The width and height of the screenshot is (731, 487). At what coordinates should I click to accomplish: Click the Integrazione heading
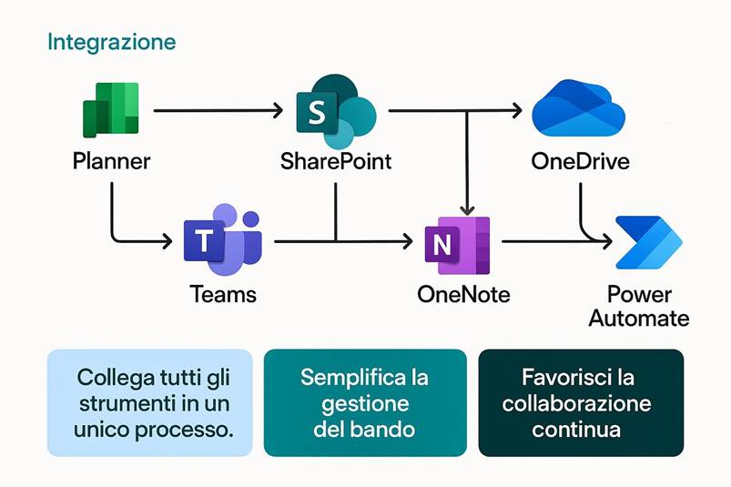111,42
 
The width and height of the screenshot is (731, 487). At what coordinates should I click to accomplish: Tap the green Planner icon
111,109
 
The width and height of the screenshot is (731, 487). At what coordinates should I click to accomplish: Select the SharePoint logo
334,110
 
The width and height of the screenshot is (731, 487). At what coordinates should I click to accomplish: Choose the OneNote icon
457,243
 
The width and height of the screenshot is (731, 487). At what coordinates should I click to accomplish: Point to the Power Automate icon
646,242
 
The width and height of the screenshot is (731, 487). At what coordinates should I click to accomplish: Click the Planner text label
111,163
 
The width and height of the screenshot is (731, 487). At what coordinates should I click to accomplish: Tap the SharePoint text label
336,163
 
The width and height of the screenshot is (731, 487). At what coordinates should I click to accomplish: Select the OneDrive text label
580,163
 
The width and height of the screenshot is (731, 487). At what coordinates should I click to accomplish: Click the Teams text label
223,295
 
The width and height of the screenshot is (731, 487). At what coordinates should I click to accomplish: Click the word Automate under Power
638,319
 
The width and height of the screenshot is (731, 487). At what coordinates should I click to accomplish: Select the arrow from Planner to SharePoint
218,111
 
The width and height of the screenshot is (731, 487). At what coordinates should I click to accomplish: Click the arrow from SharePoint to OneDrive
455,111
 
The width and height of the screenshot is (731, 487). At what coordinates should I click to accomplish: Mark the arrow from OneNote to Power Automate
555,242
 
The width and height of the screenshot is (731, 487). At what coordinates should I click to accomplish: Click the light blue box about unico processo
150,401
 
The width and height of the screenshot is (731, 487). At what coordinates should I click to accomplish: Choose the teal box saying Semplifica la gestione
365,401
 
